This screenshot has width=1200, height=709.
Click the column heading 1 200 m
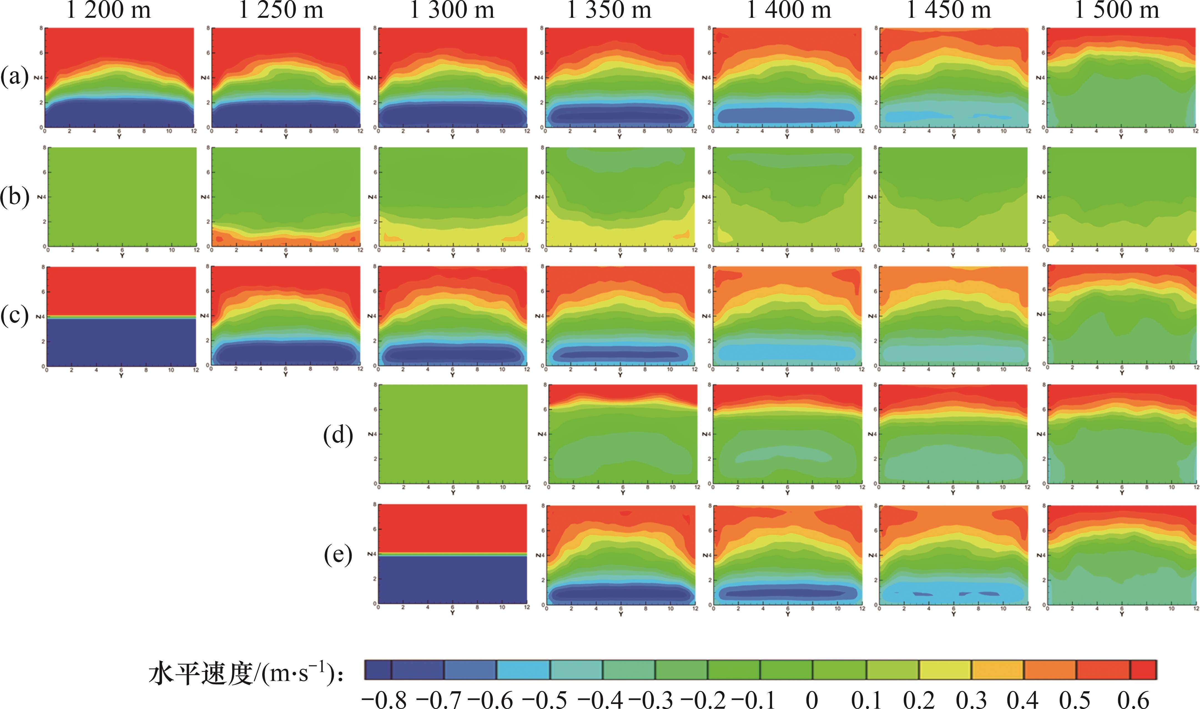109,11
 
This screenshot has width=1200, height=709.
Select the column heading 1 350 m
609,11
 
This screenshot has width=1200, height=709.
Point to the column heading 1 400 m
789,11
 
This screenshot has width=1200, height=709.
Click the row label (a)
15,76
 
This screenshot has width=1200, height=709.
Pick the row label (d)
338,435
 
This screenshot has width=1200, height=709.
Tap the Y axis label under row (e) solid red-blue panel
452,613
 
